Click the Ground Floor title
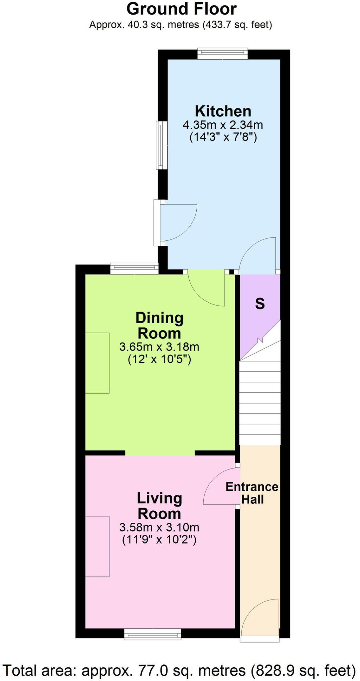click(x=181, y=9)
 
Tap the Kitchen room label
click(x=223, y=111)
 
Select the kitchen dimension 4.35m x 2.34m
click(x=223, y=125)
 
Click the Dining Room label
click(x=159, y=325)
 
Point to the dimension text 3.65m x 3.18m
click(x=159, y=347)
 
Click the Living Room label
click(x=159, y=505)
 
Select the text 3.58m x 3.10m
click(x=159, y=527)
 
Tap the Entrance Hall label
click(x=252, y=493)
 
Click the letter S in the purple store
click(x=260, y=303)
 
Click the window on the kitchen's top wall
click(x=223, y=54)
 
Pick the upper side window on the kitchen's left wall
click(x=162, y=145)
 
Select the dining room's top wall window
click(x=134, y=269)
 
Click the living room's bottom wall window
click(x=153, y=634)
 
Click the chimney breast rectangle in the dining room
click(x=97, y=363)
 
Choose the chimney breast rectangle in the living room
click(x=97, y=546)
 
